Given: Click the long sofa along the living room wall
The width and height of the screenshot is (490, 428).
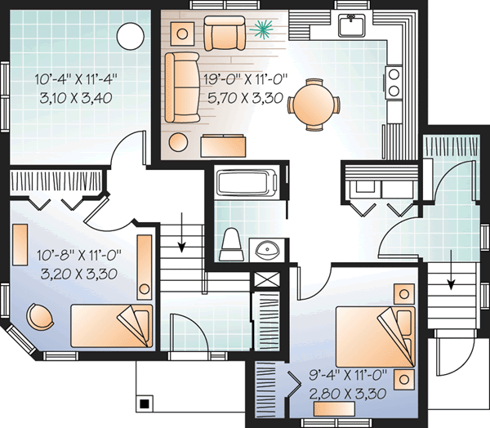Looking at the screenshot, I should click(x=181, y=88).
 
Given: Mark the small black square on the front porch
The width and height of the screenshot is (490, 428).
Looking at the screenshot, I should click(x=145, y=403).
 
